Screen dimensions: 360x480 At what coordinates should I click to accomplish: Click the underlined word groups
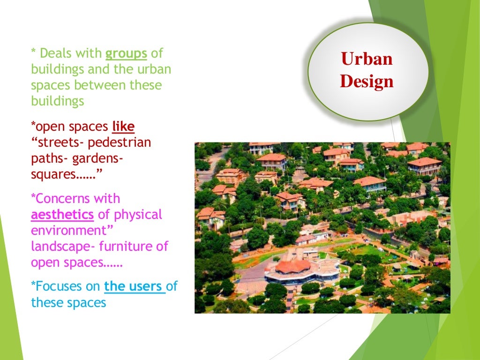127,54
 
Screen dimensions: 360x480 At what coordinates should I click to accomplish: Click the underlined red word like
123,127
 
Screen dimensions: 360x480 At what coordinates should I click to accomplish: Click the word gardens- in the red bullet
98,158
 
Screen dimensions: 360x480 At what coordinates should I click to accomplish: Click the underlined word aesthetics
62,215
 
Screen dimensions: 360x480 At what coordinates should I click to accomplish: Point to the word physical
138,215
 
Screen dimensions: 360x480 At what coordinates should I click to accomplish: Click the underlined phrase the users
135,286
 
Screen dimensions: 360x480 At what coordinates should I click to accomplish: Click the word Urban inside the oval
367,60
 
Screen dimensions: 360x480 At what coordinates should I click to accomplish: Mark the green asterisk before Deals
33,52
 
